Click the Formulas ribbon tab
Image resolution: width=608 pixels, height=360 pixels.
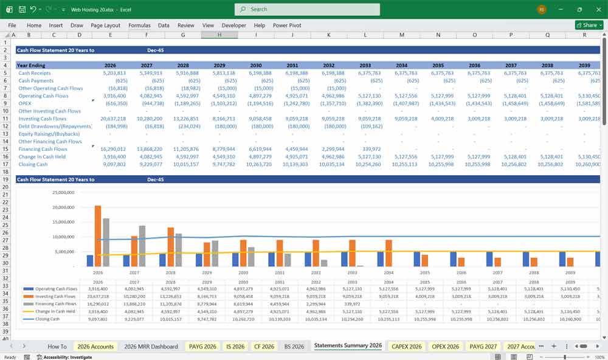139,26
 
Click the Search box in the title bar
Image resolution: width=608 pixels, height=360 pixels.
307,9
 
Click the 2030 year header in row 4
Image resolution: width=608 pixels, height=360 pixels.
256,65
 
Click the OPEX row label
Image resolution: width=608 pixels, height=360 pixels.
25,103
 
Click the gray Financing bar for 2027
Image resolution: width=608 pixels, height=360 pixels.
142,246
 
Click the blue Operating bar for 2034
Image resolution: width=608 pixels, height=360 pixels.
381,258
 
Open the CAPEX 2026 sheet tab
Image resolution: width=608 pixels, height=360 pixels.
406,346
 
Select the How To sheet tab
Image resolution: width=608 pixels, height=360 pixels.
57,346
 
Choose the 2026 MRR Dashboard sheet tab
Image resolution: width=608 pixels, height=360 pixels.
151,346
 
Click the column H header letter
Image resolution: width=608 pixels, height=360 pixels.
219,35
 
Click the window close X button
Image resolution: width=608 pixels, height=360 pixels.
597,9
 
